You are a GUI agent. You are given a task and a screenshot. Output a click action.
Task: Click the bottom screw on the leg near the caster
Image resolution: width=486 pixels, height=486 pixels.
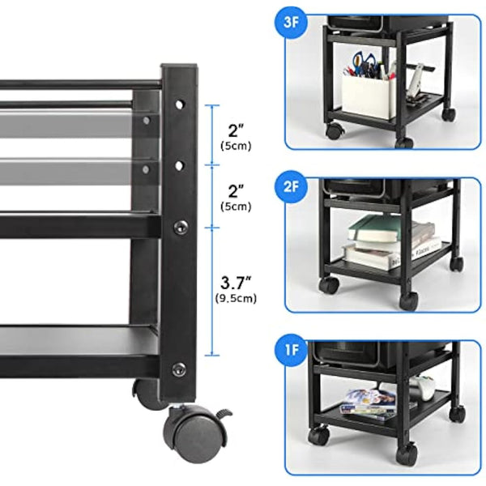[179, 369]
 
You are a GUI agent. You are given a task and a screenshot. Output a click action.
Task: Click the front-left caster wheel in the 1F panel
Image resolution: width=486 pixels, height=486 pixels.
[318, 436]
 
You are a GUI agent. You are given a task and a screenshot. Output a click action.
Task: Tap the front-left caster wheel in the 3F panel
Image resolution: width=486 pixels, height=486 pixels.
[333, 130]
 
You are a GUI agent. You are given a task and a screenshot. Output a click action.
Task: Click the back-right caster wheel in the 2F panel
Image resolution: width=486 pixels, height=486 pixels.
[458, 263]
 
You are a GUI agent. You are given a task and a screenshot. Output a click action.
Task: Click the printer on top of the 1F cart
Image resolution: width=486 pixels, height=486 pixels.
[381, 353]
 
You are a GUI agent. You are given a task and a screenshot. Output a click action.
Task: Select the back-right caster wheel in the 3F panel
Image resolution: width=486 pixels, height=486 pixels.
[448, 114]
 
